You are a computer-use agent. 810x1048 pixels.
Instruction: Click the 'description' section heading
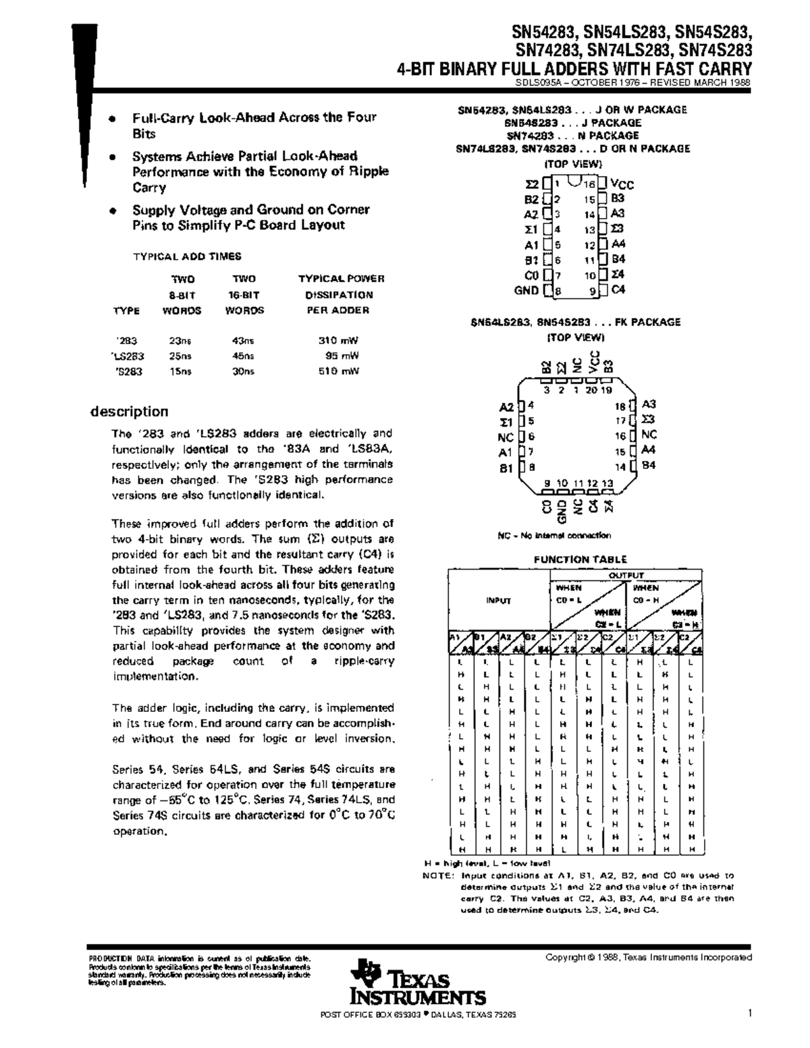pos(130,412)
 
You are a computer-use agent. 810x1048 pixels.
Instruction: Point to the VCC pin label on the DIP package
pos(622,184)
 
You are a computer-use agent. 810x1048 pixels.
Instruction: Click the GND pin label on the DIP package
pos(526,290)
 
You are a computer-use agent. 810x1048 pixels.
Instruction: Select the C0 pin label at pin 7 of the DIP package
pos(531,275)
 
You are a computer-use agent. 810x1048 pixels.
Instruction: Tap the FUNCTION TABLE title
pos(580,559)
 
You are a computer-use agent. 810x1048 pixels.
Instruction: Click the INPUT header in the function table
pos(500,601)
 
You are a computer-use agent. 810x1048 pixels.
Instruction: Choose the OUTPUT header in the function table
pos(627,575)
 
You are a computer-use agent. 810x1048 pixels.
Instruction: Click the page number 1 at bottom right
pos(749,1012)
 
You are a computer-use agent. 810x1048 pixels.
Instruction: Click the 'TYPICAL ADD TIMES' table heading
pos(187,256)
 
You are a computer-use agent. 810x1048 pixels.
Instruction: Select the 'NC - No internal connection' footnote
pos(554,535)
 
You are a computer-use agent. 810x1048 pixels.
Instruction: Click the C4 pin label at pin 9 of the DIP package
pos(618,289)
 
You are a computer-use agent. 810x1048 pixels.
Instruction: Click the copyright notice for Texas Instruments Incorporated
pos(648,957)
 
